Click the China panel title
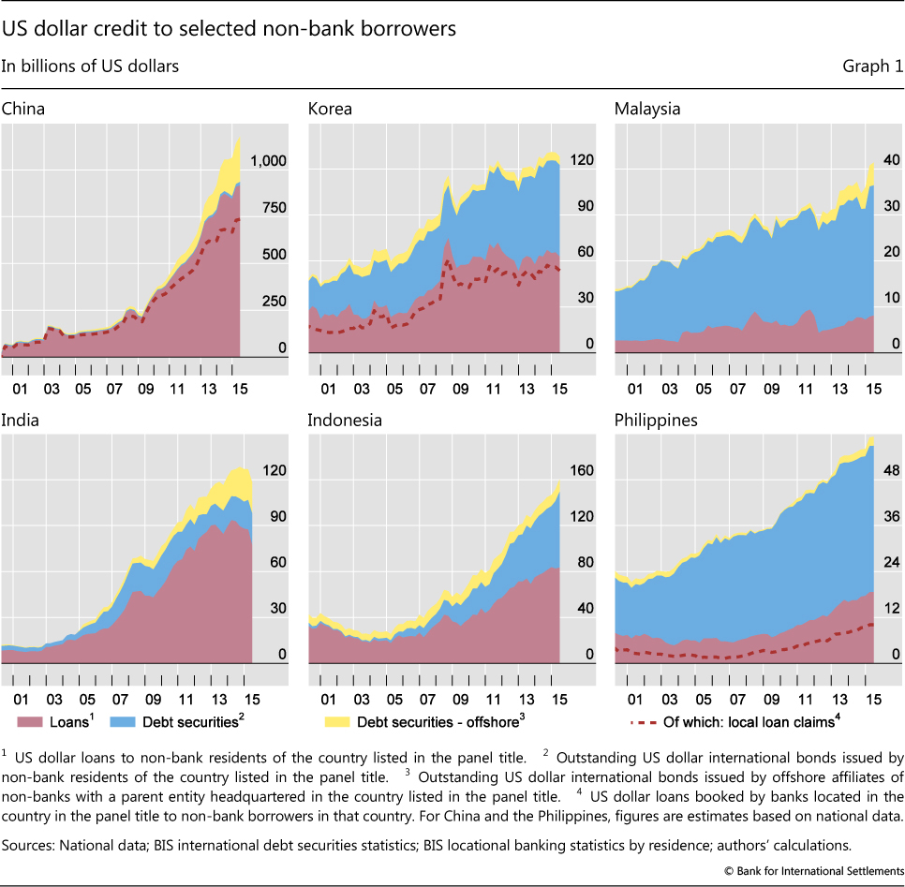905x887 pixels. pyautogui.click(x=23, y=109)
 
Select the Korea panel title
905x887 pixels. pyautogui.click(x=330, y=109)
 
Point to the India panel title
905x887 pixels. pyautogui.click(x=20, y=420)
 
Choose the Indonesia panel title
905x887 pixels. pyautogui.click(x=345, y=420)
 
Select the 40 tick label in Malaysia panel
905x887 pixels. pyautogui.click(x=885, y=159)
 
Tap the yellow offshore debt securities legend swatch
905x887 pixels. pyautogui.click(x=336, y=721)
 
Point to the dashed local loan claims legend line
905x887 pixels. pyautogui.click(x=642, y=721)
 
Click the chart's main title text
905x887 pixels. pyautogui.click(x=230, y=28)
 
